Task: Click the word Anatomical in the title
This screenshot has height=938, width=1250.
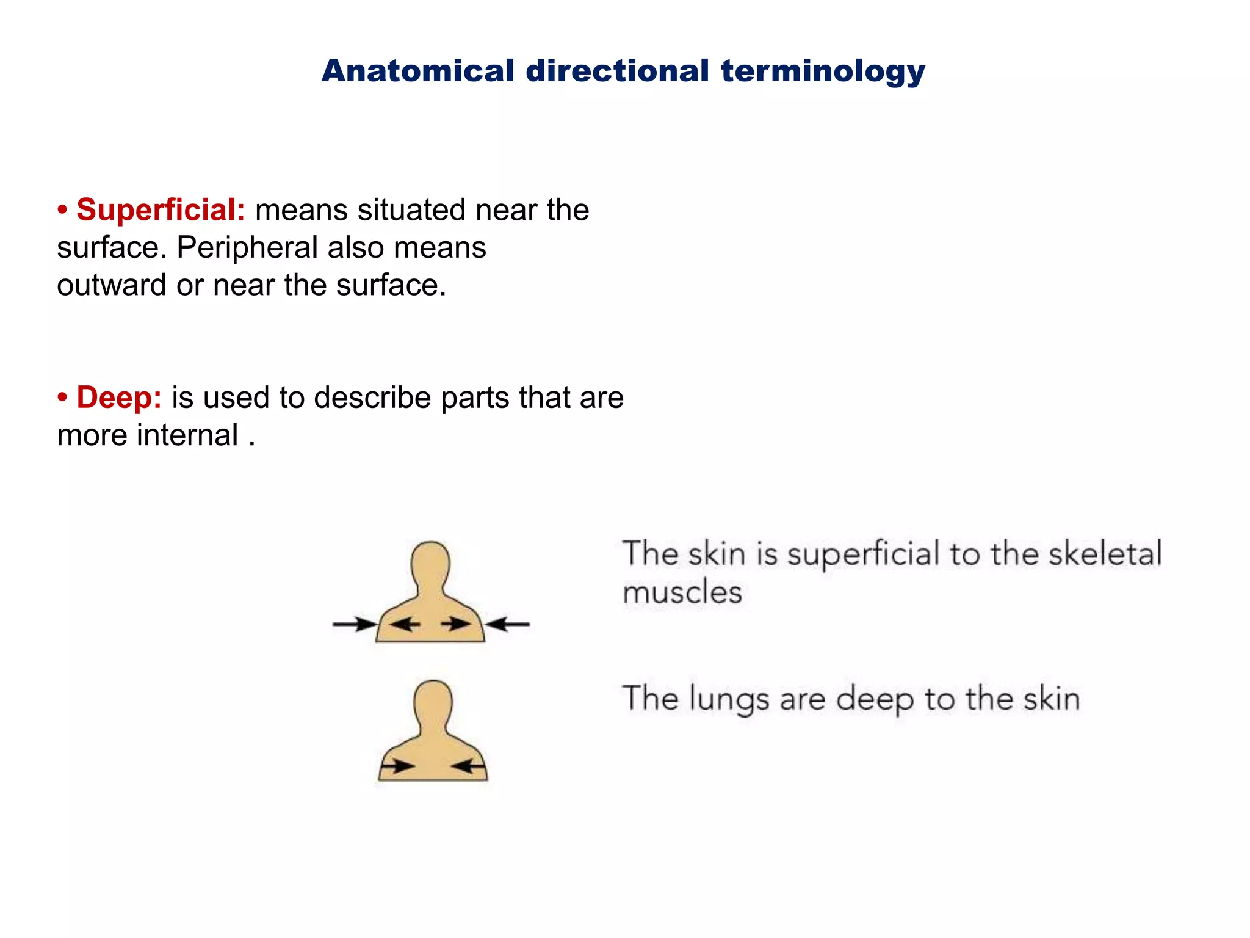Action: [x=418, y=71]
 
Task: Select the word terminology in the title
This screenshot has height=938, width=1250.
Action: [x=823, y=72]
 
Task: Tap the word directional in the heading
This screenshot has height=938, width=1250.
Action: [x=617, y=71]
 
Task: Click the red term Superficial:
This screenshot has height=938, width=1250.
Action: [x=161, y=210]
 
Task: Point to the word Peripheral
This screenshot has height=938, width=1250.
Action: [x=247, y=248]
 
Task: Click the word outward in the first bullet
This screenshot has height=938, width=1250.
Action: [x=111, y=285]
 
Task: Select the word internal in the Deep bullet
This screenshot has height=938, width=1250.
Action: [x=187, y=435]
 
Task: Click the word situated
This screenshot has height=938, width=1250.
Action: [x=412, y=210]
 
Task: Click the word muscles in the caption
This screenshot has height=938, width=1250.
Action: [x=682, y=592]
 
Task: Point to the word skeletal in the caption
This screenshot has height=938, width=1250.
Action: [x=1105, y=554]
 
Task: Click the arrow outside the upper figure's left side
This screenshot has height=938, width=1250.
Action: [x=355, y=624]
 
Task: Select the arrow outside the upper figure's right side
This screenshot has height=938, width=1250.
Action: [x=508, y=624]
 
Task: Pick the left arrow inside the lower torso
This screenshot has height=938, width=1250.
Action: [x=397, y=766]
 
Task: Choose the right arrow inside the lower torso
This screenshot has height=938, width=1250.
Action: [x=469, y=766]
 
